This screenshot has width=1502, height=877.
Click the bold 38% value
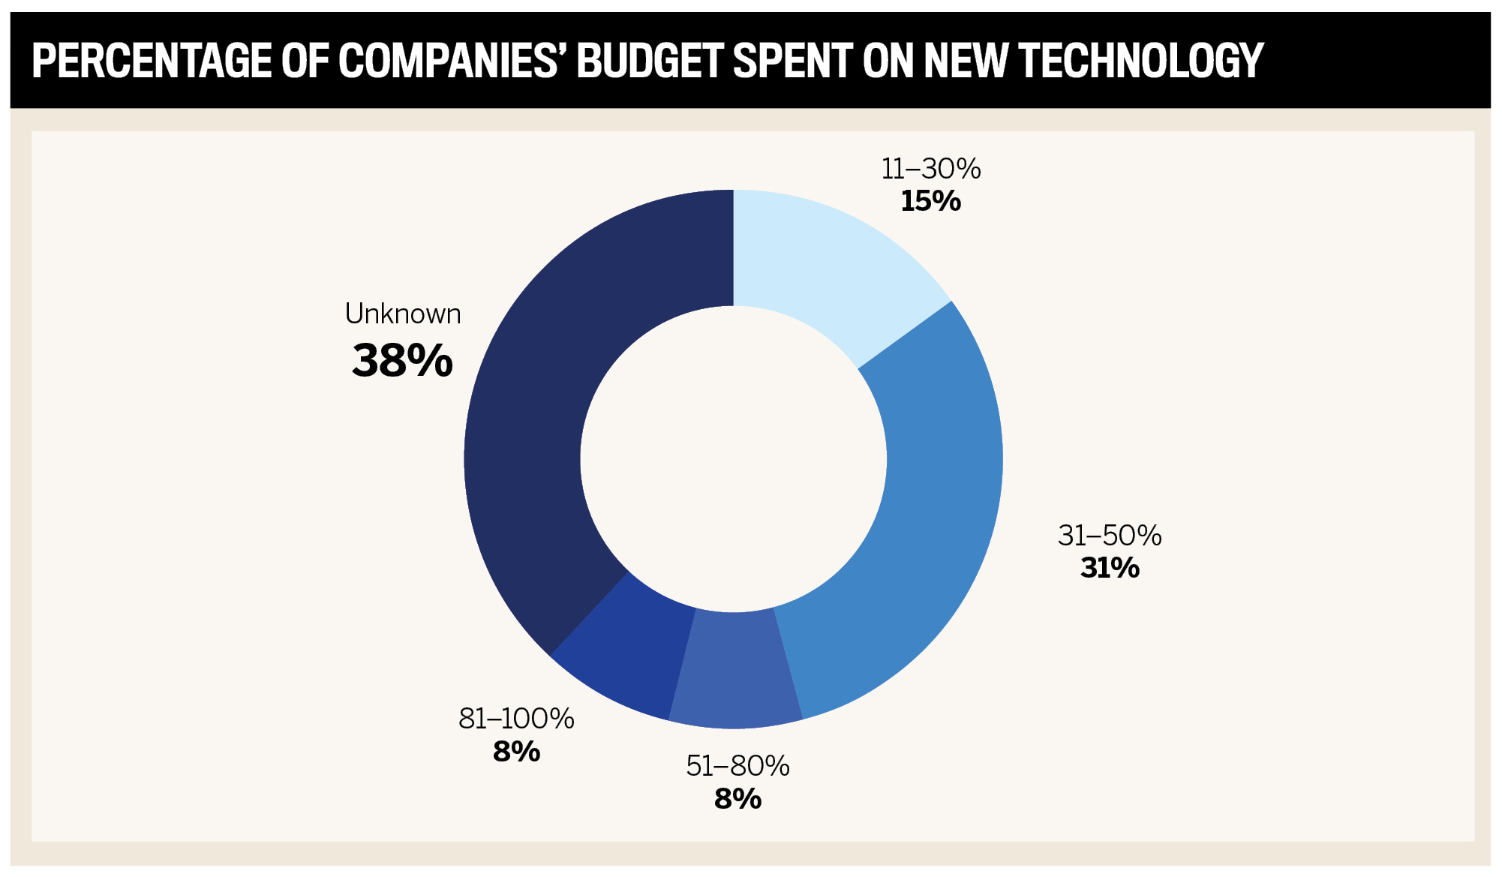402,361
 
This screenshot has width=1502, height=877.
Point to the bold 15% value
930,201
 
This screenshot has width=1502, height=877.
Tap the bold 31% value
1110,568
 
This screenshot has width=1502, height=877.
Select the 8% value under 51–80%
737,799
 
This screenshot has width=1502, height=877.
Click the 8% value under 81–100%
516,752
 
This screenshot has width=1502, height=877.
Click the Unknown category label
403,314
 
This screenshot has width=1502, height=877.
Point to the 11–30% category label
931,169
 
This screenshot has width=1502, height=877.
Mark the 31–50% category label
1110,536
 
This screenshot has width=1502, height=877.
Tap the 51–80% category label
737,766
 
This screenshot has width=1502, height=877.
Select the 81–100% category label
516,719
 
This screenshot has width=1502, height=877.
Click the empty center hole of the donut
733,458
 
